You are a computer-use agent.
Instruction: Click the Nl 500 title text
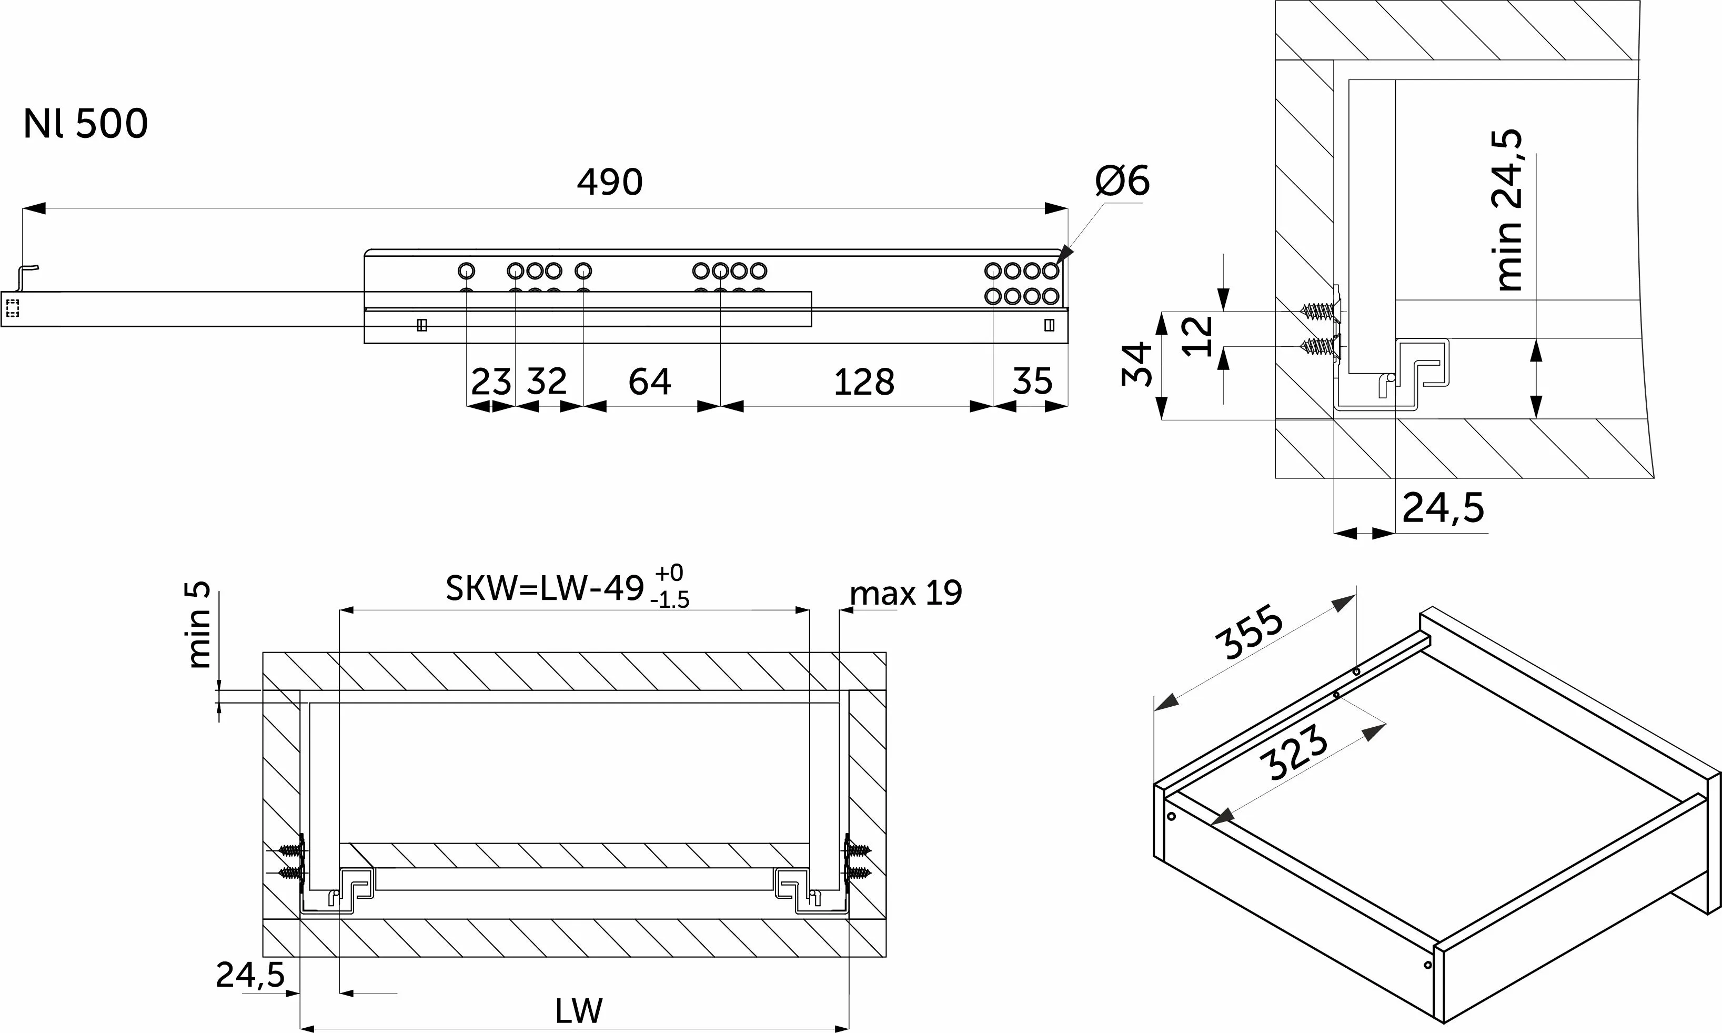coord(86,124)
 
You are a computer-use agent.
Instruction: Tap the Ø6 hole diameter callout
coord(1122,180)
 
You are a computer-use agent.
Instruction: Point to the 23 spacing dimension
coord(491,382)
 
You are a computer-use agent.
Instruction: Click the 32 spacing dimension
coord(547,381)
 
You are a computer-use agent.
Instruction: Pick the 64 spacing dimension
coord(650,382)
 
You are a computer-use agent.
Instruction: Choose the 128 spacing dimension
coord(864,382)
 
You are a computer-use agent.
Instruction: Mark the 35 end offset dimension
coord(1032,382)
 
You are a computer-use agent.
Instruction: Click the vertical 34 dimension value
coord(1137,364)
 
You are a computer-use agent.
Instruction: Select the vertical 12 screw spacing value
coord(1198,336)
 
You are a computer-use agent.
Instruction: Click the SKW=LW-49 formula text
coord(545,589)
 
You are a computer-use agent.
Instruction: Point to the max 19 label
coord(906,593)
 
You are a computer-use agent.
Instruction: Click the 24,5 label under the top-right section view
coord(1443,508)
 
